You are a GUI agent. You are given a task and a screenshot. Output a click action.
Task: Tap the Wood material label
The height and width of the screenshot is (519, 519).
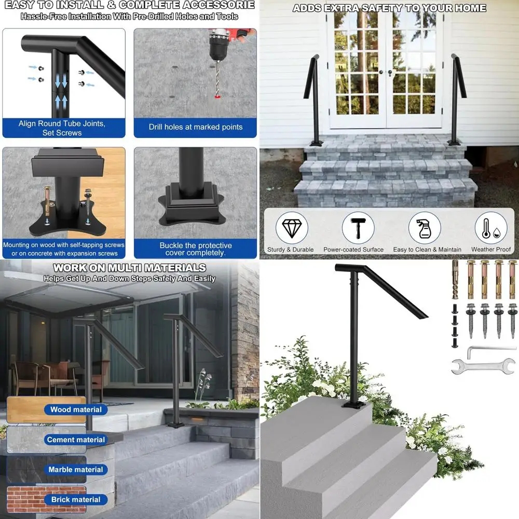76,409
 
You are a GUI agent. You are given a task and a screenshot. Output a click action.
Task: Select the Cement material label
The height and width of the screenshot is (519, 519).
76,440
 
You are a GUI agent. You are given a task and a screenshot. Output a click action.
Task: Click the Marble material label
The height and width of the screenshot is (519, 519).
76,470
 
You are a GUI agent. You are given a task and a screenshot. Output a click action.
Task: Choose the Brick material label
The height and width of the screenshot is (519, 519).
76,500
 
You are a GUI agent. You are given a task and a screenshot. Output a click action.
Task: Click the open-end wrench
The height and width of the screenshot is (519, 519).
483,366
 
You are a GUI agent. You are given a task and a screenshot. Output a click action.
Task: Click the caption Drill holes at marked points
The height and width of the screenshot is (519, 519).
196,127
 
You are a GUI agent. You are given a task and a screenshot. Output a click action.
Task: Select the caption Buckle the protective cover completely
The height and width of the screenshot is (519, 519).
196,249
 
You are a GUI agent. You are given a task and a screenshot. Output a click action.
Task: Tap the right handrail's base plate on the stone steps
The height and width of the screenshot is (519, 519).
455,141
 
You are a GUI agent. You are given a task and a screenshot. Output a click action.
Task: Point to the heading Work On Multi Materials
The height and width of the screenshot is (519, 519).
129,268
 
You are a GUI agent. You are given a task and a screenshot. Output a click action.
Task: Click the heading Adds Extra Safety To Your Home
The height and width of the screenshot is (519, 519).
389,8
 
